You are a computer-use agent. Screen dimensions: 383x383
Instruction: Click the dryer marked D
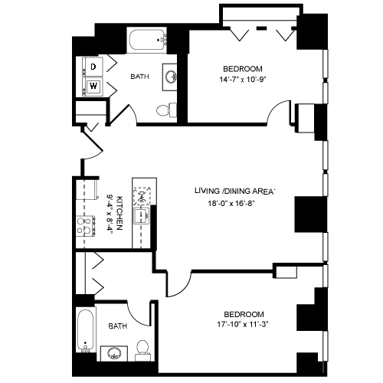tap(93, 67)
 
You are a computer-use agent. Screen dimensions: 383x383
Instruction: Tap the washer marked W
tap(93, 87)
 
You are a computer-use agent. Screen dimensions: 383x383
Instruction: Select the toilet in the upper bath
tap(166, 110)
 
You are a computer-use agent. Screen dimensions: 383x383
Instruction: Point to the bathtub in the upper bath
tap(147, 40)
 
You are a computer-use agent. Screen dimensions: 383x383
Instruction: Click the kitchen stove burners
tap(86, 226)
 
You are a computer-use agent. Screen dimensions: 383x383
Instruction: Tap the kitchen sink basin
tap(141, 216)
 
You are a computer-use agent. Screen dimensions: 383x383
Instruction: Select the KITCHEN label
tap(119, 213)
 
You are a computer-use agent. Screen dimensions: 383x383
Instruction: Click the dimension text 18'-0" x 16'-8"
tap(231, 204)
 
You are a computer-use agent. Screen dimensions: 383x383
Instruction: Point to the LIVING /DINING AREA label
tap(235, 191)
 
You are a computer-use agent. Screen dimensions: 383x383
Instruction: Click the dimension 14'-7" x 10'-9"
tap(243, 80)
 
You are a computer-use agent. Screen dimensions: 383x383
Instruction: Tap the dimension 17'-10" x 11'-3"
tap(243, 324)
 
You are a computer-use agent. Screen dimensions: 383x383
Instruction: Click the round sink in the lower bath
tap(114, 354)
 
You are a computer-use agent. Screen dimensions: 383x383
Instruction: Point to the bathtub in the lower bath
tap(86, 331)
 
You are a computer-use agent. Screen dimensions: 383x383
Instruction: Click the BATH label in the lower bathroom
tap(118, 326)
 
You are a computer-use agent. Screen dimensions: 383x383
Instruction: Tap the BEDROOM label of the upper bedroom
tap(243, 69)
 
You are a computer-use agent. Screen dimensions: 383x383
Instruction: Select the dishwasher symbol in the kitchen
tap(142, 196)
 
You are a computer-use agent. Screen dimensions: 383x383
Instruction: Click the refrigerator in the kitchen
tap(87, 189)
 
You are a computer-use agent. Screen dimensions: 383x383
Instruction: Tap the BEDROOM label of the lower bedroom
tap(244, 314)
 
